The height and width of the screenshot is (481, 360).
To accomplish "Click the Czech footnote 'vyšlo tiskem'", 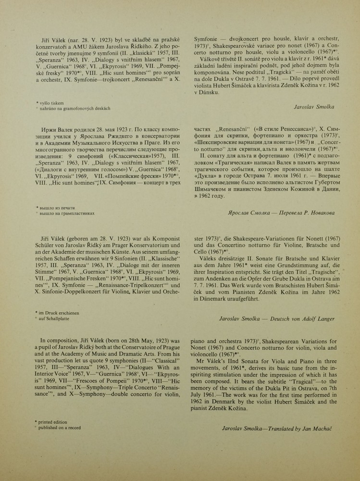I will point(53,103).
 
